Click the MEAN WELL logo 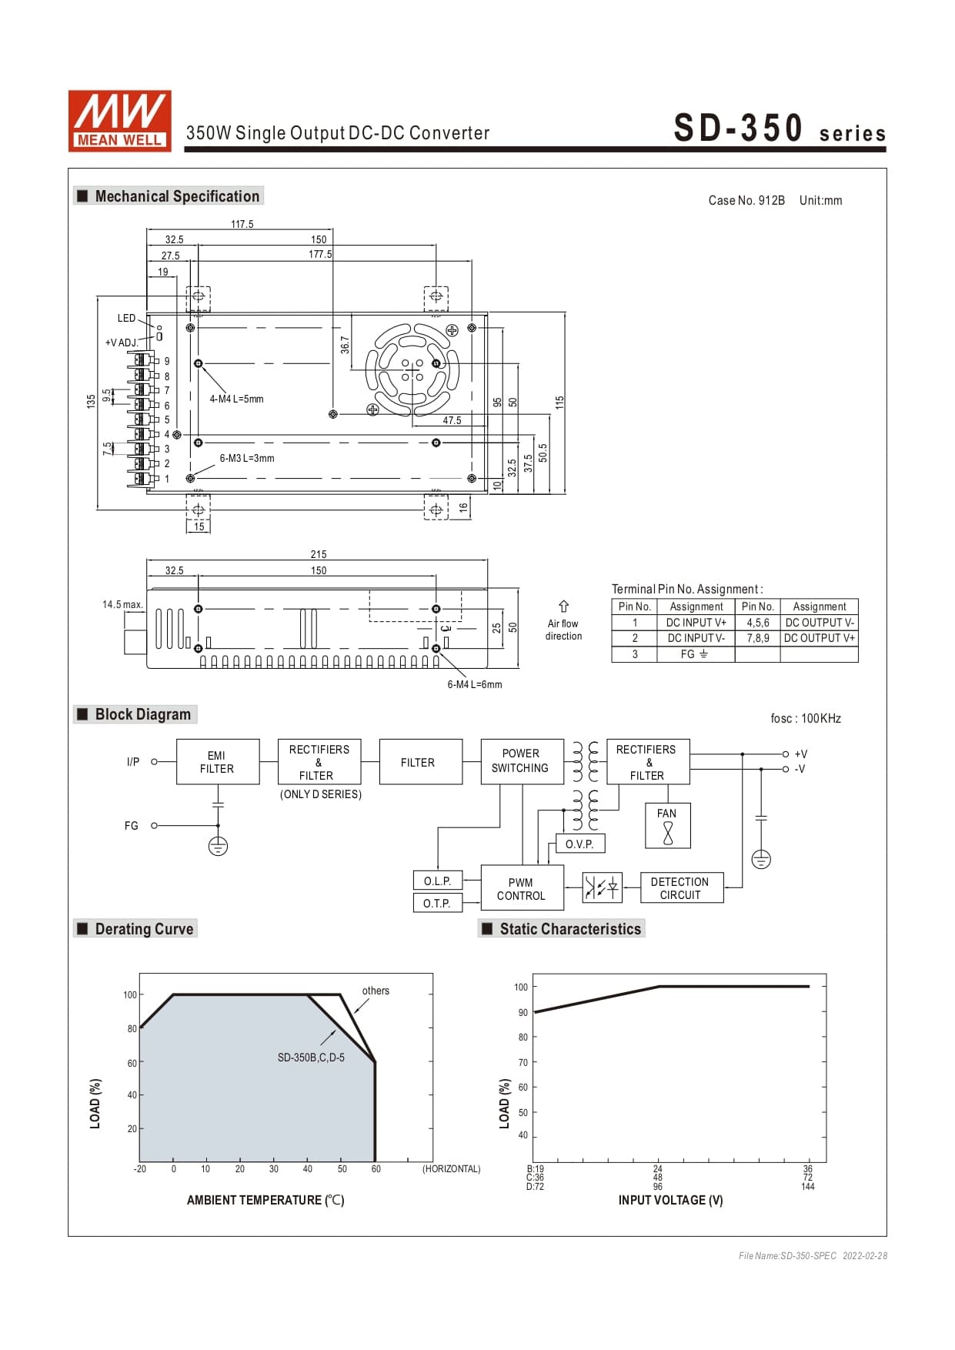tap(119, 120)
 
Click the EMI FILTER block tap(217, 762)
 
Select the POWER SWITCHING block tap(521, 761)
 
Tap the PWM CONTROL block tap(521, 889)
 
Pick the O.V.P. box tap(579, 844)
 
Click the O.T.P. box tap(437, 903)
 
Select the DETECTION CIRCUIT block tap(680, 888)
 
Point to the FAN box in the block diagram tap(667, 825)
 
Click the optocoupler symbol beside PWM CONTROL tap(601, 887)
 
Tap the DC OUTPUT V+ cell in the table tap(819, 638)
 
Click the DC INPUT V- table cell tap(696, 638)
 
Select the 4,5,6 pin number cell tap(757, 623)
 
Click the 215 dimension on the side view tap(319, 554)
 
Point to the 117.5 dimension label tap(242, 225)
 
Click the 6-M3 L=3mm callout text tap(246, 458)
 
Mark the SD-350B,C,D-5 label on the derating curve tap(311, 1058)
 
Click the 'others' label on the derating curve tap(376, 991)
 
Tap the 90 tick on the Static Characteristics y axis tap(523, 1012)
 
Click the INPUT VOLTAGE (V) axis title tap(670, 1200)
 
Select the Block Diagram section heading tap(142, 714)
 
